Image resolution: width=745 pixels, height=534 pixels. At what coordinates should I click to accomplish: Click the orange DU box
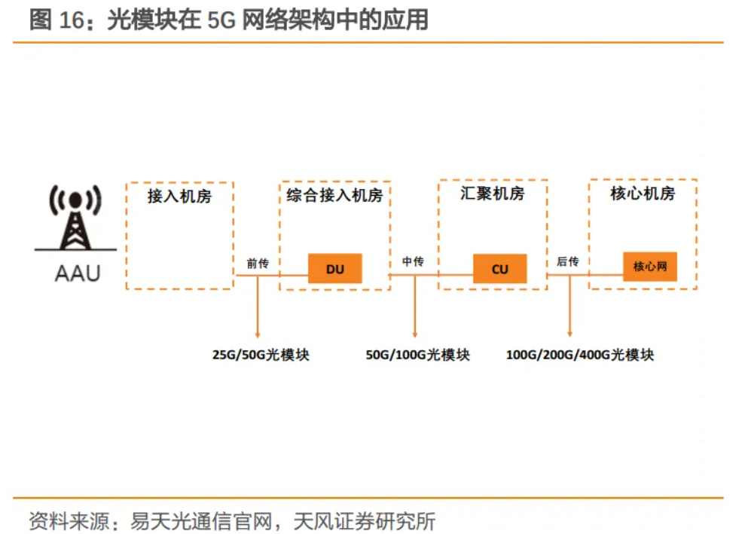(335, 268)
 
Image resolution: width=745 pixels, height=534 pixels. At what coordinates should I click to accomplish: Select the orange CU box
(500, 269)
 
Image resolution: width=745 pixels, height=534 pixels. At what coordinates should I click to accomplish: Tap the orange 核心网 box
(650, 267)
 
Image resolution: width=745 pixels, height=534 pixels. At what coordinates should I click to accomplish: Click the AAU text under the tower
(78, 273)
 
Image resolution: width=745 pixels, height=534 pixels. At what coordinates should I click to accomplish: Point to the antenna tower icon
(75, 218)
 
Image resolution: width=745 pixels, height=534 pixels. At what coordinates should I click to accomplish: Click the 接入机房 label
(179, 196)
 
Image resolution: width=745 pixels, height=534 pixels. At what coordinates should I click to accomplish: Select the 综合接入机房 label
(334, 195)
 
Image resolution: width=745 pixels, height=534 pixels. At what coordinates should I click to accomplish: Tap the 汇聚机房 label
(492, 194)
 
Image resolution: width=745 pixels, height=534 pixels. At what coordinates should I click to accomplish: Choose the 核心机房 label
(643, 194)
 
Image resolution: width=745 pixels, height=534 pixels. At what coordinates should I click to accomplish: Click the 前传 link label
(258, 263)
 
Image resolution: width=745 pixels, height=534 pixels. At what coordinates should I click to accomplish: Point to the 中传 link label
(413, 261)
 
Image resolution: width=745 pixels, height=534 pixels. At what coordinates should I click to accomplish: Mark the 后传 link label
(568, 261)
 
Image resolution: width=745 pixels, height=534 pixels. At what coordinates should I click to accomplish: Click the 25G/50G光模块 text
(261, 355)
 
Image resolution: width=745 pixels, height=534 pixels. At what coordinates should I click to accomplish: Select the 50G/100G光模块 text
(417, 355)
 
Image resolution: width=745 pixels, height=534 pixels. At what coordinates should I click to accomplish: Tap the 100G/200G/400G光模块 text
(580, 355)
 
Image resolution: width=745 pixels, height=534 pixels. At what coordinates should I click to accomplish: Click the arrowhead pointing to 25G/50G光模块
(258, 335)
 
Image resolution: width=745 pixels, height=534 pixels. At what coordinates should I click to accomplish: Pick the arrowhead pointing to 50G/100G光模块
(415, 335)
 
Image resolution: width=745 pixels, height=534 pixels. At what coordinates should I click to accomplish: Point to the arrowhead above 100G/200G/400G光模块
(569, 334)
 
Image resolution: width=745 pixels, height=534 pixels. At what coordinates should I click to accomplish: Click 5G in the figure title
(222, 20)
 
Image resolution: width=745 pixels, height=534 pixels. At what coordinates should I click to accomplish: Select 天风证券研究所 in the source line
(365, 521)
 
